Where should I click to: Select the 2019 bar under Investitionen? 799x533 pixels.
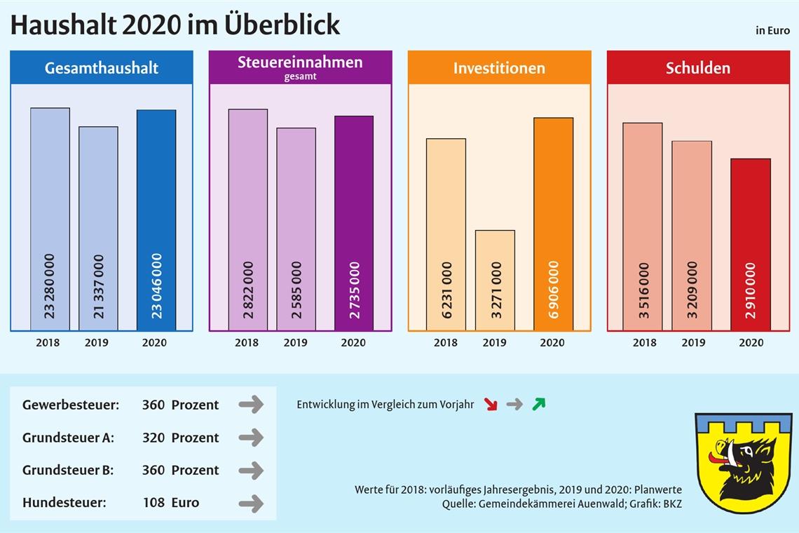click(495, 280)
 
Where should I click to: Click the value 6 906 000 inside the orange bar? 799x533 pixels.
click(554, 290)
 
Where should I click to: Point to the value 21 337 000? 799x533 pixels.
click(98, 286)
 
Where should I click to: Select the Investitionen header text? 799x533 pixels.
click(499, 68)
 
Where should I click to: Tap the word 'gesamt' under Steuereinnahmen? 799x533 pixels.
click(300, 76)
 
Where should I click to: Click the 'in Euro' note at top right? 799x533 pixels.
click(772, 31)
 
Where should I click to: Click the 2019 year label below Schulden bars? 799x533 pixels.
click(693, 343)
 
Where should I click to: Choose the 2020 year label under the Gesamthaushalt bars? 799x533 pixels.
click(154, 343)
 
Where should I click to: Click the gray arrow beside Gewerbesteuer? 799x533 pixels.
click(251, 405)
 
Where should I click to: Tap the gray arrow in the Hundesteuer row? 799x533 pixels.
click(251, 503)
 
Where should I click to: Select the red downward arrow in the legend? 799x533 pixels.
click(491, 405)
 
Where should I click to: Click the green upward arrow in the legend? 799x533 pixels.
click(538, 404)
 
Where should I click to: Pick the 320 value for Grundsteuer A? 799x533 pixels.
click(153, 438)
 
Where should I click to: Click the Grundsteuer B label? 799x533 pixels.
click(68, 470)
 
